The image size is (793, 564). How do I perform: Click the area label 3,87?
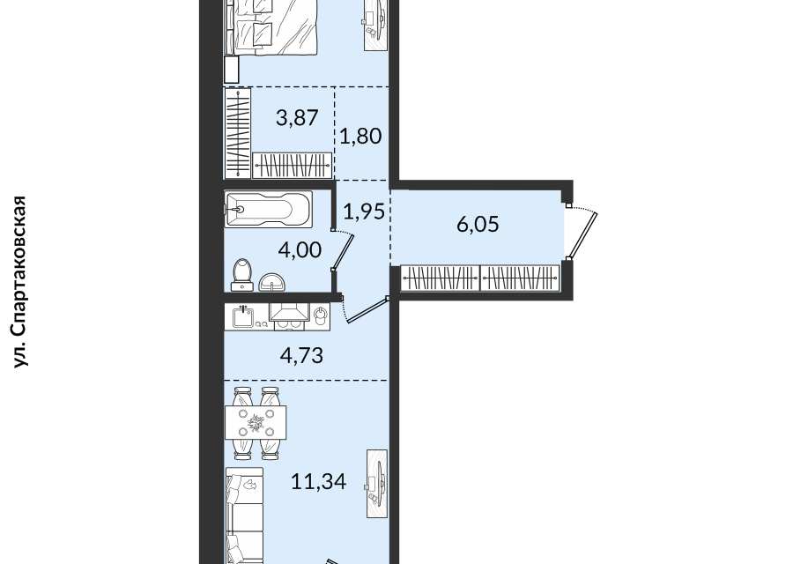(297, 118)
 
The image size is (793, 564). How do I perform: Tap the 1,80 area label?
(360, 136)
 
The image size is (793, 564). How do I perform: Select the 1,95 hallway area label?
(364, 211)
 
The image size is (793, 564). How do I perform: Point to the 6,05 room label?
(478, 224)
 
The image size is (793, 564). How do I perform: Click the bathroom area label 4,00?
(300, 250)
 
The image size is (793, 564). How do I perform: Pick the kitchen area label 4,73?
(301, 356)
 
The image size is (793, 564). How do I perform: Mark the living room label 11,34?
(319, 481)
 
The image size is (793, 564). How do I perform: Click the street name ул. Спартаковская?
(19, 281)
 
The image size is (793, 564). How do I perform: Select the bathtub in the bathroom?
(268, 208)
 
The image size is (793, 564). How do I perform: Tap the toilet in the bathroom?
(242, 275)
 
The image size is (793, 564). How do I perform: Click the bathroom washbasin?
(272, 282)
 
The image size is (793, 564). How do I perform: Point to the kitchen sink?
(243, 316)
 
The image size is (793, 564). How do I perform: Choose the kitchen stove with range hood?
(289, 316)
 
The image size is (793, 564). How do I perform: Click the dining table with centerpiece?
(256, 423)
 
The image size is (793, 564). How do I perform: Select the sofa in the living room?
(244, 516)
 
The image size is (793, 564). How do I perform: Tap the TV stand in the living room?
(377, 484)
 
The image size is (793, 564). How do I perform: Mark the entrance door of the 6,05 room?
(582, 233)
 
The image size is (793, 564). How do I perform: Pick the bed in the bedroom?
(271, 26)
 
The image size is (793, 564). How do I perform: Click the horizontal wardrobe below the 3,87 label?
(293, 166)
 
